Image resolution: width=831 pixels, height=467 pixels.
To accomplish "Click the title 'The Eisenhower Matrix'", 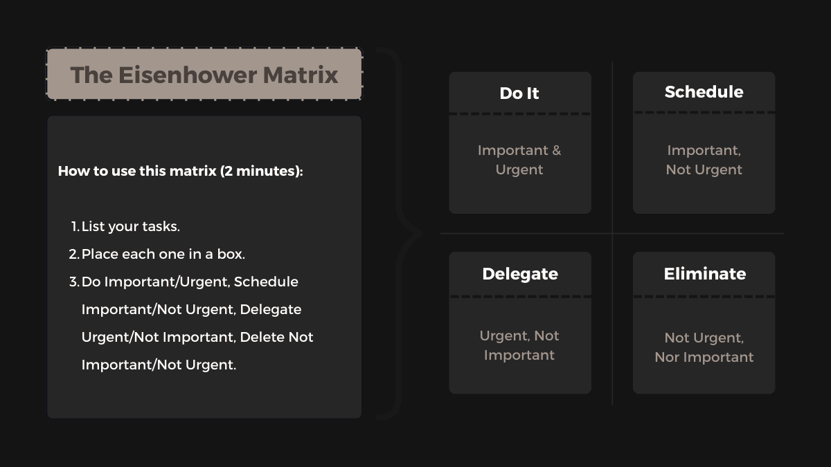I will [204, 75].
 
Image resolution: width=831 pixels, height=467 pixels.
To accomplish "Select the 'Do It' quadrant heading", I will [519, 93].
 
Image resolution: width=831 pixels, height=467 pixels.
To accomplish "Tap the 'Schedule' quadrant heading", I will [704, 92].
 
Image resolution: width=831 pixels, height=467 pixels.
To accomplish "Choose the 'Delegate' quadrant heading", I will [520, 274].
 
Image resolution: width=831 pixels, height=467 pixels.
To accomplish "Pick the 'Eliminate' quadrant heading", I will [704, 274].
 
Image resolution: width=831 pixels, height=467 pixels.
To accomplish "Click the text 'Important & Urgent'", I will [519, 160].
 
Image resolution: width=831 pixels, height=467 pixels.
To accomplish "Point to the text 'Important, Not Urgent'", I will [704, 160].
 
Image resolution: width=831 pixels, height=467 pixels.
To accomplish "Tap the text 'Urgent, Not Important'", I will [519, 345].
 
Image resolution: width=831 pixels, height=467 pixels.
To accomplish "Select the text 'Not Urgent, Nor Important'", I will [704, 347].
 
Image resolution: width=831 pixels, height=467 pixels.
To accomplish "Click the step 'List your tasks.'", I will [131, 226].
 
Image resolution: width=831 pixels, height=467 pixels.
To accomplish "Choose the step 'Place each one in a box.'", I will [163, 254].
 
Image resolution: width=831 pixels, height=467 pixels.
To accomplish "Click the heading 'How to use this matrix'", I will [137, 171].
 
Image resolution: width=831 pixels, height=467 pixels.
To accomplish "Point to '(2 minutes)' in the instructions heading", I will [261, 171].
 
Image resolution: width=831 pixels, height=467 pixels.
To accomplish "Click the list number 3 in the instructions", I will [73, 282].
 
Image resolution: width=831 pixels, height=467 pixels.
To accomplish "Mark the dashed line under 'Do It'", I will [520, 113].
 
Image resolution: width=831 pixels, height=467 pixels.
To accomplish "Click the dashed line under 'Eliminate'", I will [704, 296].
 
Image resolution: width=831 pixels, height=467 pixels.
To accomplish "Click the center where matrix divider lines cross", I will [612, 234].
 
